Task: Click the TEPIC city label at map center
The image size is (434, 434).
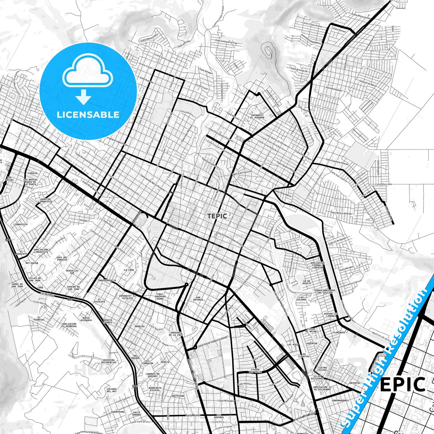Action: tap(217, 216)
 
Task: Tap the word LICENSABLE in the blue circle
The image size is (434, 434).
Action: tap(88, 115)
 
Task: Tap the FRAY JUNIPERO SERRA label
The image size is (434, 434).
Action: tap(160, 296)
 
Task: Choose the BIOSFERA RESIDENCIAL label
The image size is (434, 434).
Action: tap(109, 361)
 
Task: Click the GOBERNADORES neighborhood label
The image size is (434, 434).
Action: tap(340, 400)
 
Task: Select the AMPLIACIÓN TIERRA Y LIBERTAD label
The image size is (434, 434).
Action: tap(317, 265)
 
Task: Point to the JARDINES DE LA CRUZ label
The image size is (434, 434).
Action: tap(176, 334)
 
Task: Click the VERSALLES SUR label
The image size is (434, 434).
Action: tap(72, 272)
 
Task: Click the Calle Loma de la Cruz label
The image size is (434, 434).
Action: tap(226, 42)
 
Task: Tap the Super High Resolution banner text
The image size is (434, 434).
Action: tap(387, 354)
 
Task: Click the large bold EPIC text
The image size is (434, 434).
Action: tap(402, 385)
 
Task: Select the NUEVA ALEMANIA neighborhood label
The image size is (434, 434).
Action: tap(86, 319)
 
